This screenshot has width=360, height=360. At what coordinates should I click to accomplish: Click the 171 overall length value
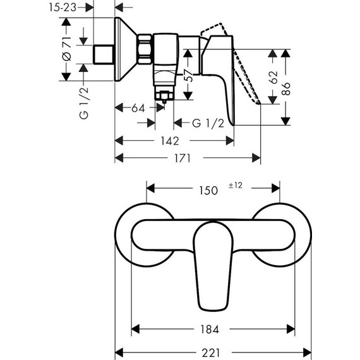coord(182,159)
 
